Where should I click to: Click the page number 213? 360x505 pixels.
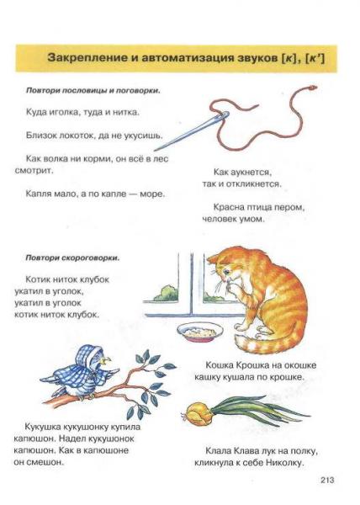(327, 480)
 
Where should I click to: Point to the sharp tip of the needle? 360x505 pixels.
(155, 150)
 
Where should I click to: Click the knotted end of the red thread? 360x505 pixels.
(312, 88)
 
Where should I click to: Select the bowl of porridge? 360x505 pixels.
(200, 332)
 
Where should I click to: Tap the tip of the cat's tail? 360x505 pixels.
(236, 338)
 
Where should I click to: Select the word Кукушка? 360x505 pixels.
(43, 427)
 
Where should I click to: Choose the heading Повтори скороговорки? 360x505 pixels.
(72, 258)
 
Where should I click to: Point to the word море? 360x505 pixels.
(152, 194)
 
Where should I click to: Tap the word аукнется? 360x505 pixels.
(251, 173)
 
